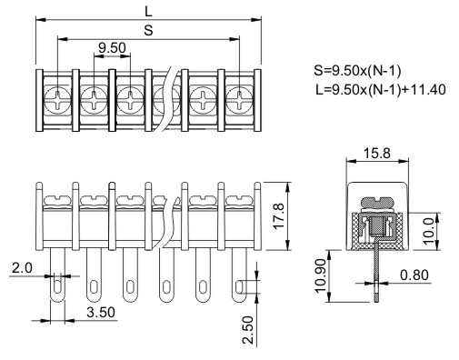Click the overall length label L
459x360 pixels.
pyautogui.click(x=148, y=12)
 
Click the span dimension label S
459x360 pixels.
pyautogui.click(x=148, y=30)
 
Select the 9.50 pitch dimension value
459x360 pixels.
pyautogui.click(x=112, y=48)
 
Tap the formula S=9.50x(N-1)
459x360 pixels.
pyautogui.click(x=357, y=71)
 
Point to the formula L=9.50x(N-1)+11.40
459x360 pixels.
pyautogui.click(x=381, y=90)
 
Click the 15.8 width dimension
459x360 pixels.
pyautogui.click(x=377, y=154)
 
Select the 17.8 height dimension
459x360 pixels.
pyautogui.click(x=279, y=216)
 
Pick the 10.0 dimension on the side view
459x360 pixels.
pyautogui.click(x=429, y=231)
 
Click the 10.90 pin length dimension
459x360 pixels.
pyautogui.click(x=321, y=275)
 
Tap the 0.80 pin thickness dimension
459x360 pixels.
pyautogui.click(x=414, y=275)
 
